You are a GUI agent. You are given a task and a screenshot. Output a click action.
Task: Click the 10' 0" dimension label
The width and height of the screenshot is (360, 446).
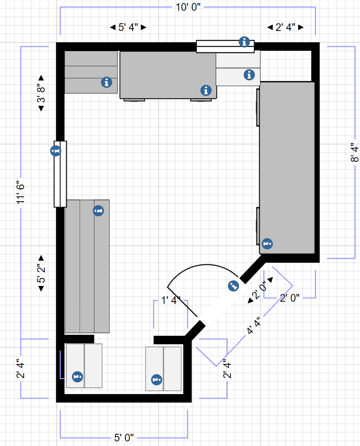click(x=188, y=7)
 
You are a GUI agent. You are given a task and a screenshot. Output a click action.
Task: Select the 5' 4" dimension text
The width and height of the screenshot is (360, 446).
click(x=128, y=27)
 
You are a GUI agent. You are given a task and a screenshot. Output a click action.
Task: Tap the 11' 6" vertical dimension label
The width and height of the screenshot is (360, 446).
click(x=21, y=192)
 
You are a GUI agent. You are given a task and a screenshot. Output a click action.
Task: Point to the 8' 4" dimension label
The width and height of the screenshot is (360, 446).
click(x=355, y=152)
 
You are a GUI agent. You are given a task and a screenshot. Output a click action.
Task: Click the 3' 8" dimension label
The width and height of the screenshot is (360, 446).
click(x=41, y=93)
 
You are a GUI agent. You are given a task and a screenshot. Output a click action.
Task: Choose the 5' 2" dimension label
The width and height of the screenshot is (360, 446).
click(x=41, y=273)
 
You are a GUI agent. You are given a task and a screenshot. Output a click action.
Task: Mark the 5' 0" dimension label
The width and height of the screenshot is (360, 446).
click(x=124, y=438)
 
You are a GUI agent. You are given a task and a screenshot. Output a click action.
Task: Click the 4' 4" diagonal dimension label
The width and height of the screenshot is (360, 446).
click(x=253, y=326)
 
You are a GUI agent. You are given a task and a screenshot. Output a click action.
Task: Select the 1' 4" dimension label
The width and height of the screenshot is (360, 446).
click(x=171, y=301)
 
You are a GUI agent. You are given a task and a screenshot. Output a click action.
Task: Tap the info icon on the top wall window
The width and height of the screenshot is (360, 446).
click(x=244, y=42)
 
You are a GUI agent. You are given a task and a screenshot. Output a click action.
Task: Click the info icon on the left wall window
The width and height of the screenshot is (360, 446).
click(x=55, y=150)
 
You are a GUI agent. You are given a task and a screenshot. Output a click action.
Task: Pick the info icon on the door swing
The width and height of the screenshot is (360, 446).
click(x=234, y=286)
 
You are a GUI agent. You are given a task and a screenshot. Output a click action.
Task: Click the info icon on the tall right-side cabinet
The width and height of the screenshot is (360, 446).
click(x=267, y=244)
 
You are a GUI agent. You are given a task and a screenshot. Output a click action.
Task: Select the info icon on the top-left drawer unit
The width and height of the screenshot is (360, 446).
click(x=107, y=82)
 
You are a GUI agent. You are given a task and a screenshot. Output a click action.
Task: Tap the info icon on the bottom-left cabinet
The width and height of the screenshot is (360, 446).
click(x=78, y=377)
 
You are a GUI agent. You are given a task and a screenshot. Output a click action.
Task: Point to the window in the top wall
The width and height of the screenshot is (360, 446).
click(x=225, y=46)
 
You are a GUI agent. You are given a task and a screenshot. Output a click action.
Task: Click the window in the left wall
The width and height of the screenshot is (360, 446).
click(x=60, y=174)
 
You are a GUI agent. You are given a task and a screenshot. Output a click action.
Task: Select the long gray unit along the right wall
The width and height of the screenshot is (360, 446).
click(x=287, y=168)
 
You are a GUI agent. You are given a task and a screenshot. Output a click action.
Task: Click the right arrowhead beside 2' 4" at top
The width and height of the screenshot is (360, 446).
click(x=301, y=27)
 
